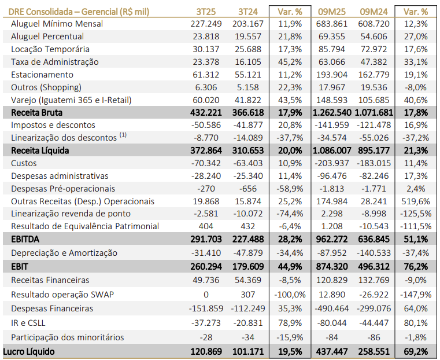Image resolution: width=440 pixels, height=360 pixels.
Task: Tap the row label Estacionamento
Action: click(42, 75)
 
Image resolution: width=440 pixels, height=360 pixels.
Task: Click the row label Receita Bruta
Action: click(36, 112)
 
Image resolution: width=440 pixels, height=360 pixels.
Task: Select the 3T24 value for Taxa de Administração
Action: click(250, 62)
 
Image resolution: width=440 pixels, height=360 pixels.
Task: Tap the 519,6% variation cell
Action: click(416, 201)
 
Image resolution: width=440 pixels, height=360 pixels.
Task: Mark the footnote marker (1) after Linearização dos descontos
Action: click(123, 136)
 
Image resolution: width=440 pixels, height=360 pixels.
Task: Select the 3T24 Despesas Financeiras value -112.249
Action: click(247, 308)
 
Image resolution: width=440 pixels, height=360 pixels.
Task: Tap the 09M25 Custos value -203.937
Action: click(331, 163)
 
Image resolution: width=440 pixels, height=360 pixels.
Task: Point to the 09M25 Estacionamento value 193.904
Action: click(332, 75)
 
